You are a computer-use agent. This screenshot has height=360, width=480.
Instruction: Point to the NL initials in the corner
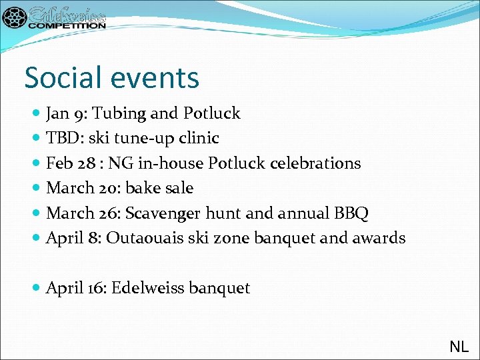pos(459,346)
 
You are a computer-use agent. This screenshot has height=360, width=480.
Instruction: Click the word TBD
pos(61,138)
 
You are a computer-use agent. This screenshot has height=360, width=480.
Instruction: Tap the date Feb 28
pos(65,163)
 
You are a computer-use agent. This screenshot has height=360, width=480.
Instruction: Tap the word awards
pos(378,238)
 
